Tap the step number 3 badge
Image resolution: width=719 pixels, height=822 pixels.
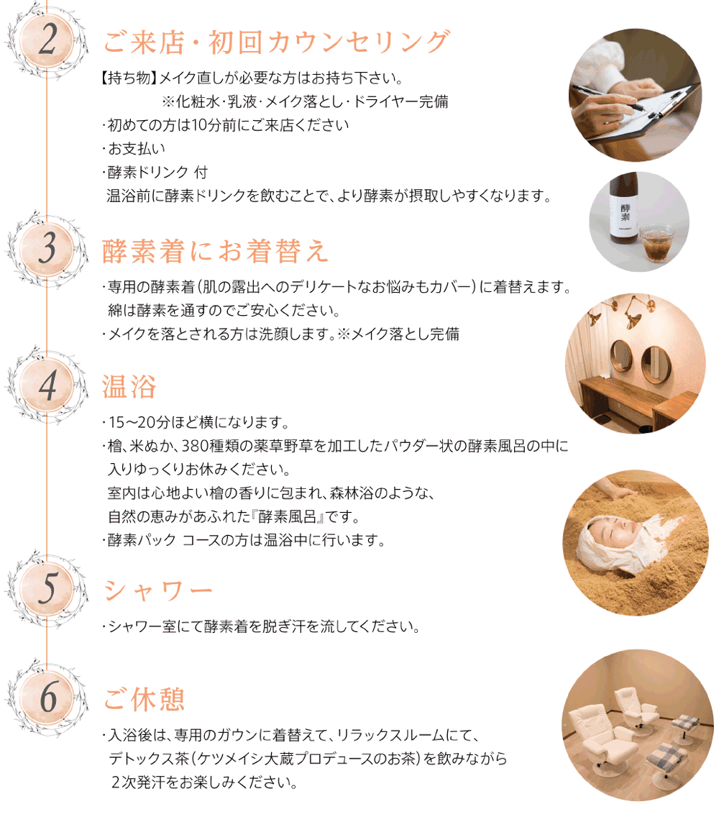click(47, 249)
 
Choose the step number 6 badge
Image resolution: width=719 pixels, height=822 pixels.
click(47, 695)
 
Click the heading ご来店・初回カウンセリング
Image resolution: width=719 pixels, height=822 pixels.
click(276, 42)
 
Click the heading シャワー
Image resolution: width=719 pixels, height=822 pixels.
click(158, 590)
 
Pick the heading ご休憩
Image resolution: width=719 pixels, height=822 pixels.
click(145, 698)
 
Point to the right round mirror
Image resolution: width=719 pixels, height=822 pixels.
click(656, 363)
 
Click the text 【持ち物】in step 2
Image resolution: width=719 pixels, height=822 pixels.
click(127, 78)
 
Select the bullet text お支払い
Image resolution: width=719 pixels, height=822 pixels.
click(137, 148)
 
